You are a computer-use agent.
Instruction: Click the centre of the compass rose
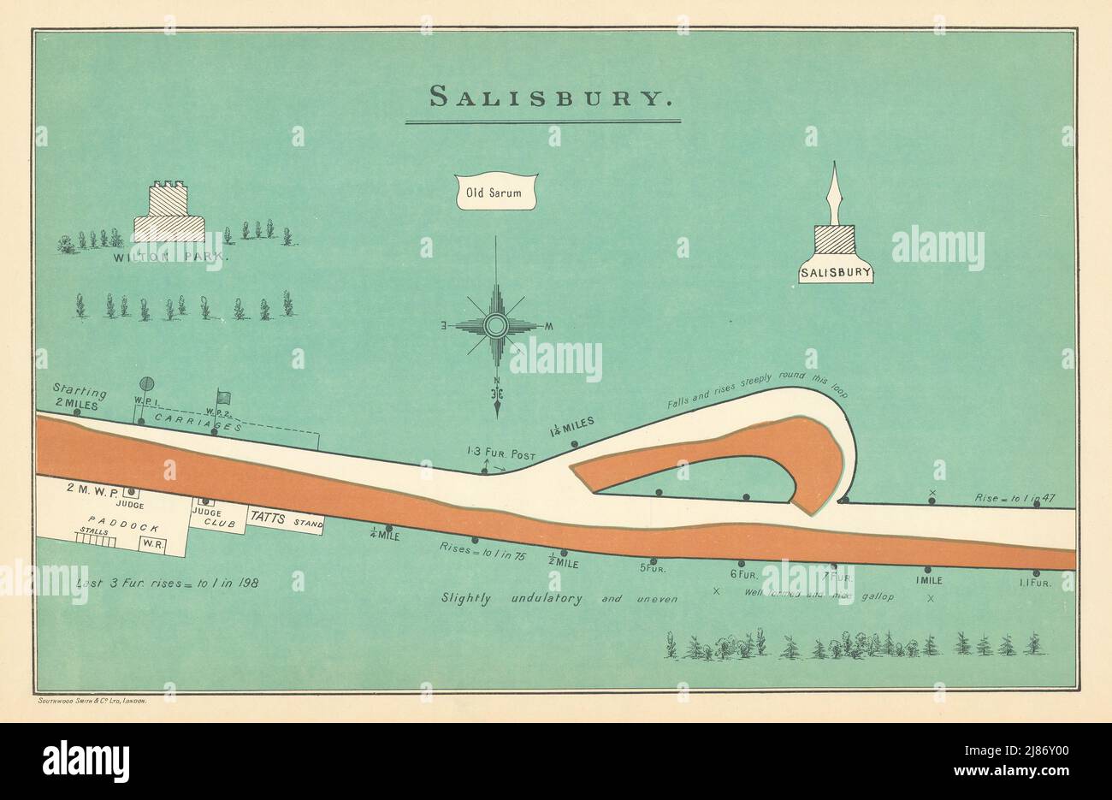(x=496, y=326)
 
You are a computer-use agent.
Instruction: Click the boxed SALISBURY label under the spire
(x=836, y=274)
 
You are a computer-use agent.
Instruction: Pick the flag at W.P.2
(x=224, y=398)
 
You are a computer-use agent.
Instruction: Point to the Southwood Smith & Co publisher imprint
(x=94, y=701)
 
